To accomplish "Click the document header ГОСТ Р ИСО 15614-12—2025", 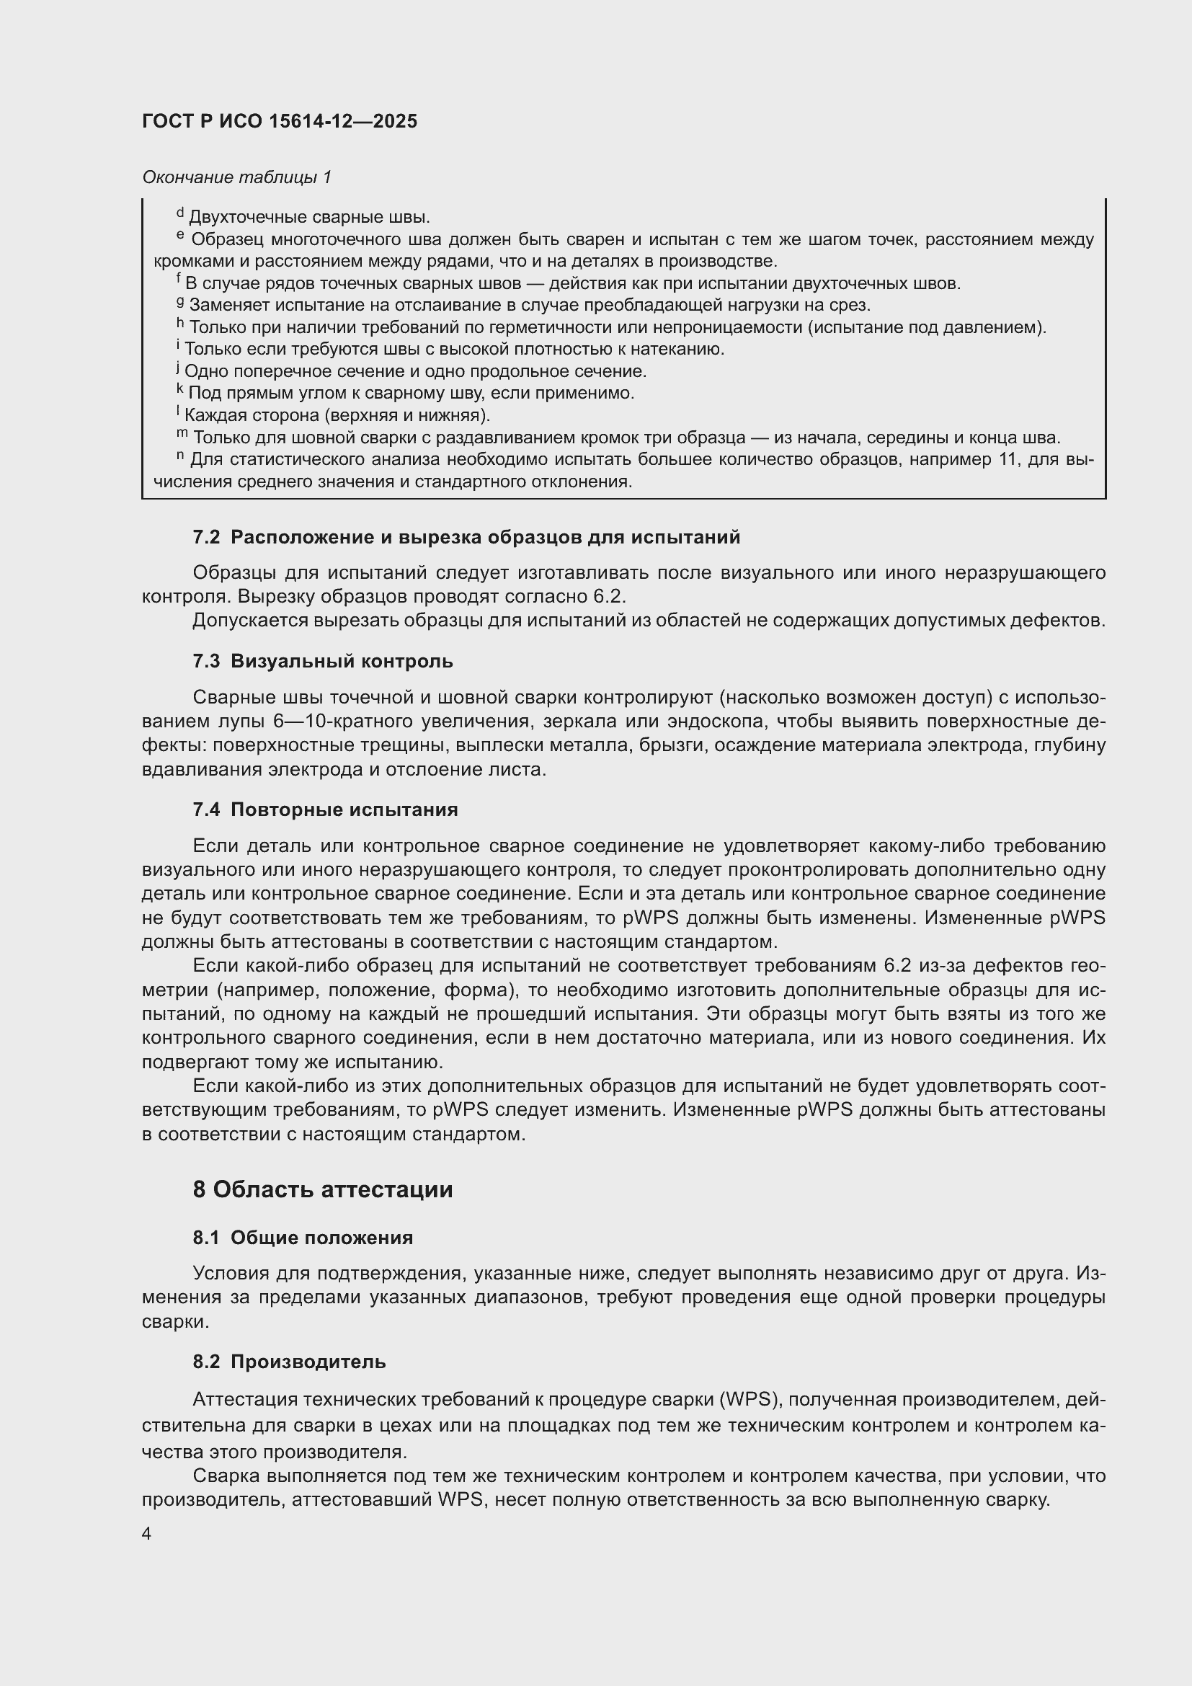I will [x=280, y=121].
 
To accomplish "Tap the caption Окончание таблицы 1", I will [x=237, y=177].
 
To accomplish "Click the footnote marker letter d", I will [x=180, y=213].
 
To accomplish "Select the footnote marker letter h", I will [x=180, y=322].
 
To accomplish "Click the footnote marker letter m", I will [x=182, y=434].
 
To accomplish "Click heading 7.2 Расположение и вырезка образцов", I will [x=466, y=538].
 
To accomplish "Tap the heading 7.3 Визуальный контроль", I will [x=323, y=662].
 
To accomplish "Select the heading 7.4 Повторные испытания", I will [x=325, y=810].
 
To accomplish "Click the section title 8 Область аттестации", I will [x=323, y=1189].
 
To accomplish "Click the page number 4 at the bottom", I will [x=147, y=1533].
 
